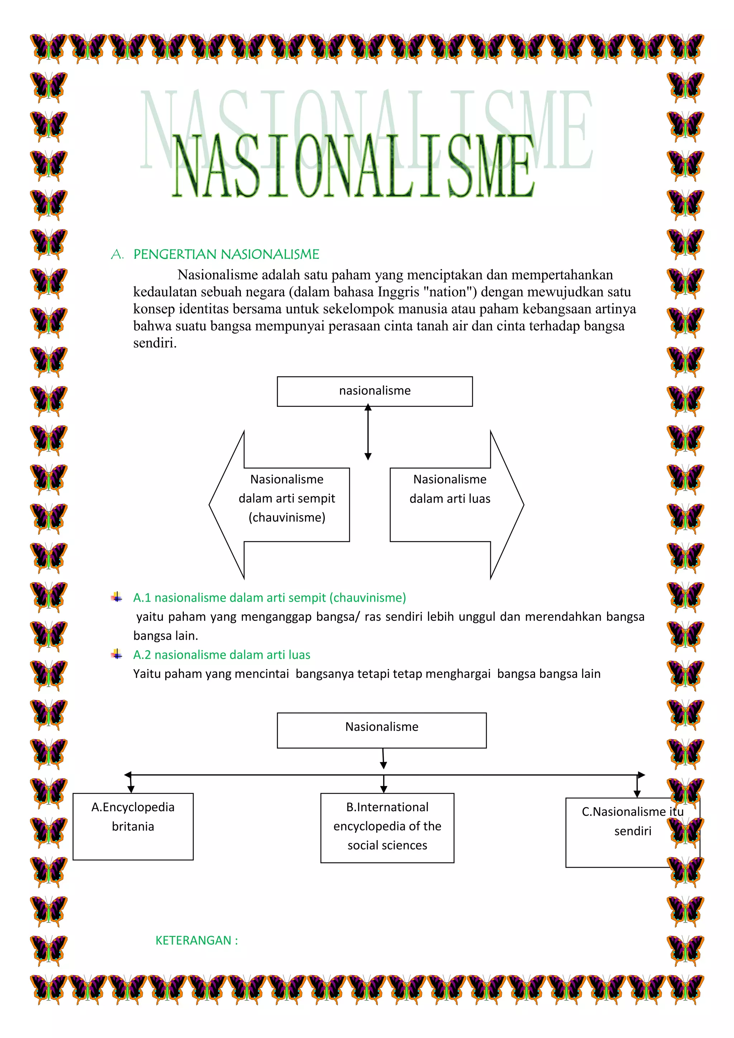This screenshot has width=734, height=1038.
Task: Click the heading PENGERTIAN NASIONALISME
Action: pyautogui.click(x=226, y=254)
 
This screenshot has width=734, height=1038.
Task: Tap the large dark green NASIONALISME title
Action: pyautogui.click(x=353, y=167)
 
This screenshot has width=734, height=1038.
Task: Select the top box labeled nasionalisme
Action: pyautogui.click(x=375, y=391)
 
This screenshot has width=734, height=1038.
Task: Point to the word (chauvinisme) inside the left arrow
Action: pyautogui.click(x=287, y=517)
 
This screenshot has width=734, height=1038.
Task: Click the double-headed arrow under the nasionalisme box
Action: pyautogui.click(x=368, y=432)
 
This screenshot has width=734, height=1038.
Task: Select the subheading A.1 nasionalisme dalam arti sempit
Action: pyautogui.click(x=270, y=597)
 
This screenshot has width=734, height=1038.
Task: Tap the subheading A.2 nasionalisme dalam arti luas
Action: pyautogui.click(x=221, y=654)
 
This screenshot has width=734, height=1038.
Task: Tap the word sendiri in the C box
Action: pyautogui.click(x=633, y=831)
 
